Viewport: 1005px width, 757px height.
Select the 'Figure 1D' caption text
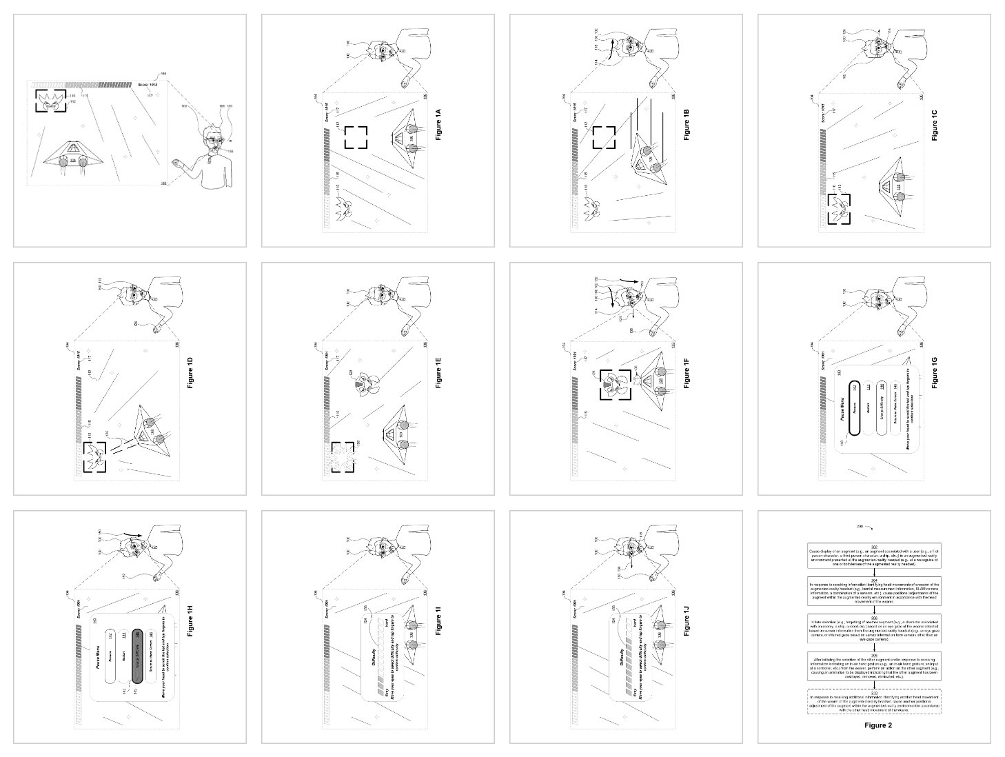click(190, 376)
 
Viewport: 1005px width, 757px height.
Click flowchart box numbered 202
click(874, 556)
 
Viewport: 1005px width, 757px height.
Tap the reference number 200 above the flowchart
click(859, 527)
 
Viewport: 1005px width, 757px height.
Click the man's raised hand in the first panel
click(179, 165)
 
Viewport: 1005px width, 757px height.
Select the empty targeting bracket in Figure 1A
click(356, 137)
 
